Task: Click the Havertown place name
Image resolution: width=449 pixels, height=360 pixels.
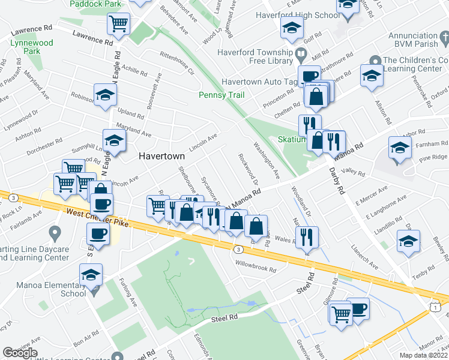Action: pos(161,155)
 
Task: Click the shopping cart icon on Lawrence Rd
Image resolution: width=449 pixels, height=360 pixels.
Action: pos(118,24)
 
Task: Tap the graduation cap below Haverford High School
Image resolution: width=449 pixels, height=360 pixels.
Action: pos(292,28)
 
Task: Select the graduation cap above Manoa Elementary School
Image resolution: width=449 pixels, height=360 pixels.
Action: pos(91,275)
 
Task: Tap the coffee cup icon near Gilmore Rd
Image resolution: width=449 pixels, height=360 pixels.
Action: pos(358,309)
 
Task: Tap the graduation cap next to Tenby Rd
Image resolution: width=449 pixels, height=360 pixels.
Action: pos(408,242)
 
